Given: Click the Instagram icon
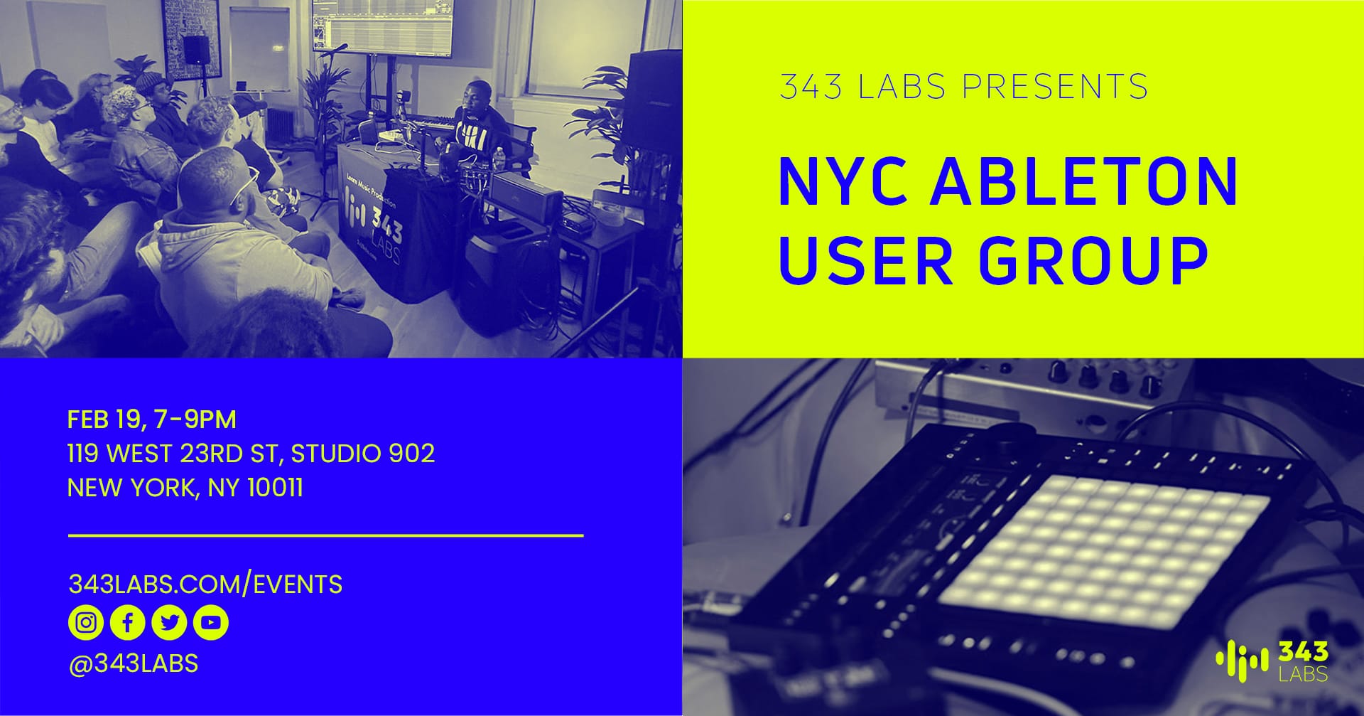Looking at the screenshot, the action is [x=86, y=623].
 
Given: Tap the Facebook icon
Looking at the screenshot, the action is [x=128, y=623].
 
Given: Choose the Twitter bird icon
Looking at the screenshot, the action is [x=169, y=623].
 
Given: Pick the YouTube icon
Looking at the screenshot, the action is [x=210, y=623].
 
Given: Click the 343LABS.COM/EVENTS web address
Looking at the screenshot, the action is [x=205, y=584].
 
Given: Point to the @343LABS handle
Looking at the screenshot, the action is [x=133, y=663].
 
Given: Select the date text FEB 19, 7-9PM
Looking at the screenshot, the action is [x=151, y=420].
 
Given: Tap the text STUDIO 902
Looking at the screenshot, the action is [x=362, y=454].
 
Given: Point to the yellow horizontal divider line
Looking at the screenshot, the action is [x=325, y=535].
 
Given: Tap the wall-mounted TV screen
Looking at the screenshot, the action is [x=382, y=27].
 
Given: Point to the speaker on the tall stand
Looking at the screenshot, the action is [x=197, y=50].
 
